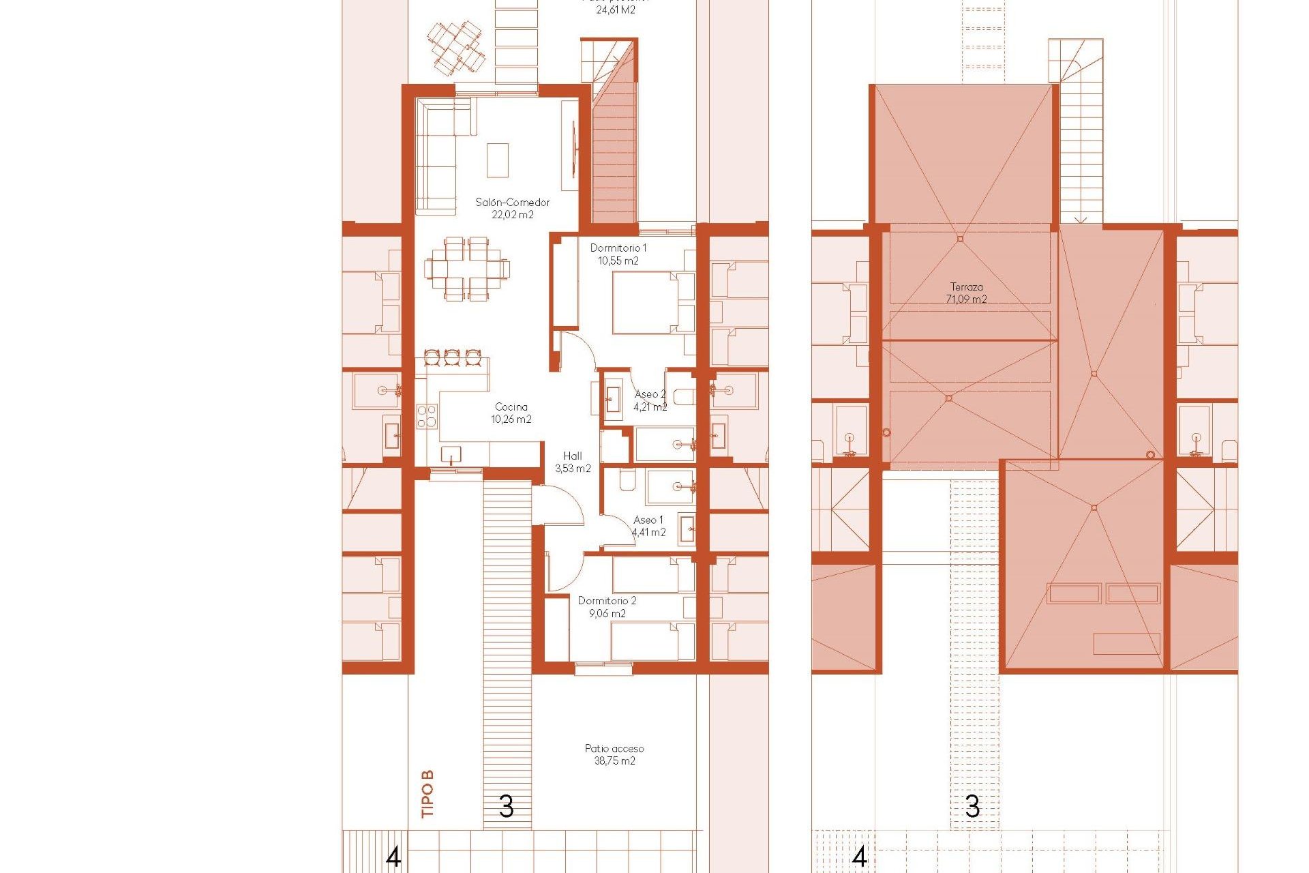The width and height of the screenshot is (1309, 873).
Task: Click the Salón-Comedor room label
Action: click(512, 203)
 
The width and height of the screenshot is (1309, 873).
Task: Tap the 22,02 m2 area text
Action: click(513, 215)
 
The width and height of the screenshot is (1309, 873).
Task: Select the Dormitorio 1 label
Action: click(618, 248)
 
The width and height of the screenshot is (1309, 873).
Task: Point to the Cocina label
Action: click(511, 407)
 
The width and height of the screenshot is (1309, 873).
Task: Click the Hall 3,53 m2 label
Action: click(573, 462)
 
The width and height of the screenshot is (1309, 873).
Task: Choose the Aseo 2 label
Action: click(650, 394)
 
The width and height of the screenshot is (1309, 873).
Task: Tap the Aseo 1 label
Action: click(648, 520)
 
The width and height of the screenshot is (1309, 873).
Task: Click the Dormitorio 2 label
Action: click(607, 601)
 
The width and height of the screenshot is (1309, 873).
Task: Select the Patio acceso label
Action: click(614, 749)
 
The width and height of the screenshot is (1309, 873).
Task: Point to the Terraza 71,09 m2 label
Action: click(966, 293)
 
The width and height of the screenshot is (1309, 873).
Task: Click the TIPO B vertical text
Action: click(427, 794)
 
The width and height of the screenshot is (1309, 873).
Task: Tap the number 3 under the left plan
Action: click(506, 807)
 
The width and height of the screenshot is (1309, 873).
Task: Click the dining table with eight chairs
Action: click(467, 269)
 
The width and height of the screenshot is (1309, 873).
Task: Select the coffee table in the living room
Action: click(498, 160)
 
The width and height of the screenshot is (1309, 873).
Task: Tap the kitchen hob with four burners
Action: click(427, 416)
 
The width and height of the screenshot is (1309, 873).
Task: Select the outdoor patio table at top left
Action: click(457, 48)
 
